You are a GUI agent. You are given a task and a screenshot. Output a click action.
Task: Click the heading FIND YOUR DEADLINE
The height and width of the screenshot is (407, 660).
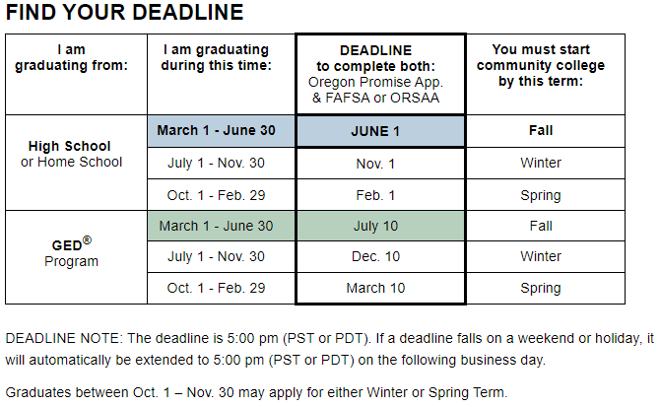[124, 12]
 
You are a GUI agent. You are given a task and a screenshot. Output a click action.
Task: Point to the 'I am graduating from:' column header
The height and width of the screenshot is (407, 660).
[72, 57]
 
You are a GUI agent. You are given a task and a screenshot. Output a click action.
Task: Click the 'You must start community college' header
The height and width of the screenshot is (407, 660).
[541, 65]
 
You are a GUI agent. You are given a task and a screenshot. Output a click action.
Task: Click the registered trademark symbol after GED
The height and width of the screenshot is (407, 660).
[87, 239]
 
